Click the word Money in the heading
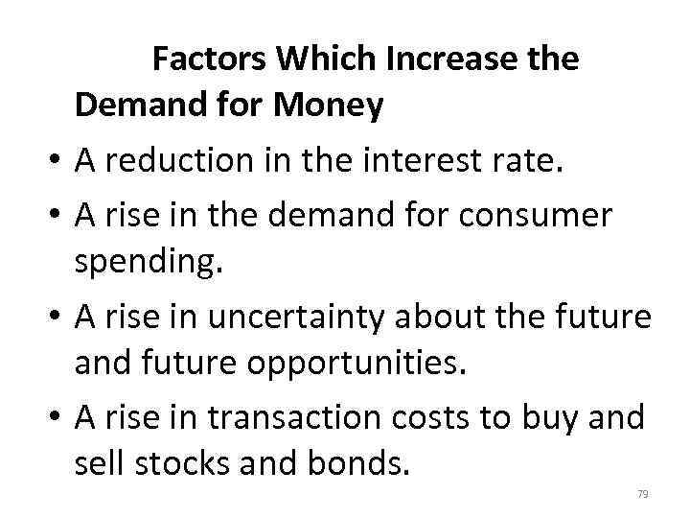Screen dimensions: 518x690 click(329, 106)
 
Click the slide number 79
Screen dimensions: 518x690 click(643, 494)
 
